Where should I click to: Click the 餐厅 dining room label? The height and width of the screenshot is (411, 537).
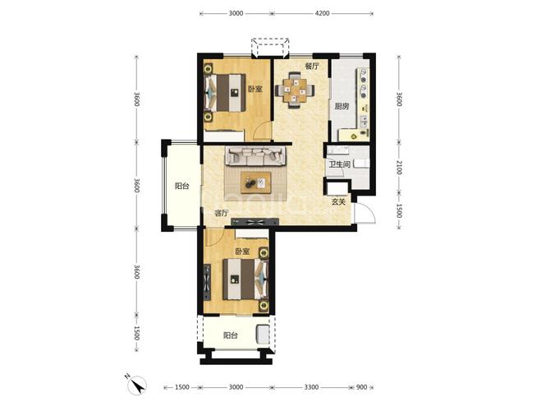(x=312, y=66)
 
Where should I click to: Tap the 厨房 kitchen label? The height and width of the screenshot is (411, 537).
(x=342, y=106)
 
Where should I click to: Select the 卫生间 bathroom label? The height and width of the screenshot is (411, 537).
(x=339, y=164)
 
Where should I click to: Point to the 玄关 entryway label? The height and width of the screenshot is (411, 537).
(x=338, y=202)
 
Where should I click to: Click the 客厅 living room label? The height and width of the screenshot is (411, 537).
(x=221, y=213)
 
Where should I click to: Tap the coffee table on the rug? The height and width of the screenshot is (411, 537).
(x=255, y=182)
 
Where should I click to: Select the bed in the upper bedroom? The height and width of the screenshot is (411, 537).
(x=225, y=93)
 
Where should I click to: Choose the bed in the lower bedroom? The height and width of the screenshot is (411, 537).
(x=245, y=279)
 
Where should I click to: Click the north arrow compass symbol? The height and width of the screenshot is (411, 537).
(x=136, y=385)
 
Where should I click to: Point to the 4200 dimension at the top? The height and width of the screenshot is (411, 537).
(x=322, y=13)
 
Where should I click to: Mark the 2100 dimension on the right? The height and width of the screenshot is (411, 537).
(x=398, y=168)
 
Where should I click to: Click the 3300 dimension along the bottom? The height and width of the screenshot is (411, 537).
(x=311, y=387)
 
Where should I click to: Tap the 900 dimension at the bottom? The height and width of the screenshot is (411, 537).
(x=361, y=387)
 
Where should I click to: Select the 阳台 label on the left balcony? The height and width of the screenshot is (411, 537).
(x=181, y=186)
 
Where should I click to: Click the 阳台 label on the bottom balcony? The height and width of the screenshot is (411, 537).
(x=231, y=335)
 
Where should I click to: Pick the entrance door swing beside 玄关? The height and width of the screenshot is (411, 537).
(x=365, y=213)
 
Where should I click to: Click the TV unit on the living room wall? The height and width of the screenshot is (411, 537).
(x=255, y=222)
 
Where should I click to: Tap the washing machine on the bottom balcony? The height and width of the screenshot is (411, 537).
(x=263, y=335)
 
